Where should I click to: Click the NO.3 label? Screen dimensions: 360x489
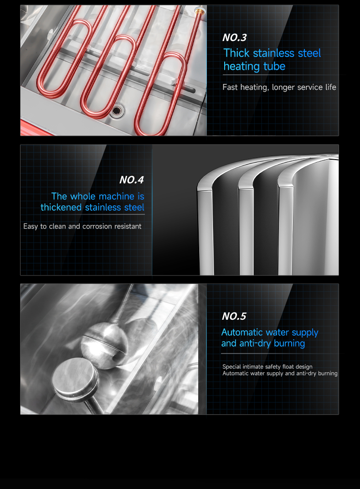tap(235, 38)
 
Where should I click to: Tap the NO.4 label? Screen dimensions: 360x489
tap(132, 180)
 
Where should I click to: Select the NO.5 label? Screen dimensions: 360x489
tap(234, 316)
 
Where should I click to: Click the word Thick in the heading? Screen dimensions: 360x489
tap(237, 53)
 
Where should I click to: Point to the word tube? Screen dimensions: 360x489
tap(274, 66)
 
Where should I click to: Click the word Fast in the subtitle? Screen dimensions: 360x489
tap(230, 87)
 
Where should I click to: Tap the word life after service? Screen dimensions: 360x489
tap(331, 87)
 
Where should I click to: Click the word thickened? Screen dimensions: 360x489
tap(61, 208)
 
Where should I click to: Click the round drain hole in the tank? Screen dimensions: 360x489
tap(117, 110)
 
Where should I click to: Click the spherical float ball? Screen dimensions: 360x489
tap(105, 345)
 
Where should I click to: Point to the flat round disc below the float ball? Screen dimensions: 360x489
tap(75, 377)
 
